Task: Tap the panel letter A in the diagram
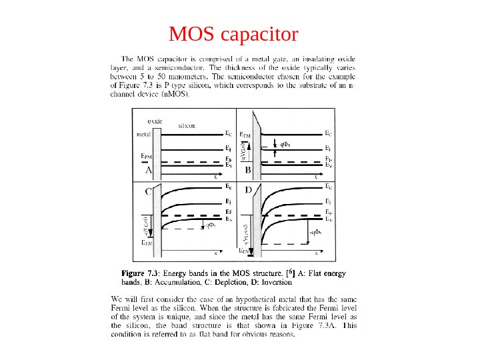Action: (x=149, y=171)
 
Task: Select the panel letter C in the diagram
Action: (x=149, y=191)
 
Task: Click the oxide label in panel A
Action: (x=155, y=121)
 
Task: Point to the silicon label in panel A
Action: (x=186, y=125)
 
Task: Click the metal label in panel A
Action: (x=143, y=134)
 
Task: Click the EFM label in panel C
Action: (x=147, y=244)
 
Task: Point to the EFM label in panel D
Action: (x=246, y=252)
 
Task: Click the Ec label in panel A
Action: (x=227, y=133)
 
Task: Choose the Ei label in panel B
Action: (x=328, y=148)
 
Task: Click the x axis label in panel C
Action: (x=215, y=253)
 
